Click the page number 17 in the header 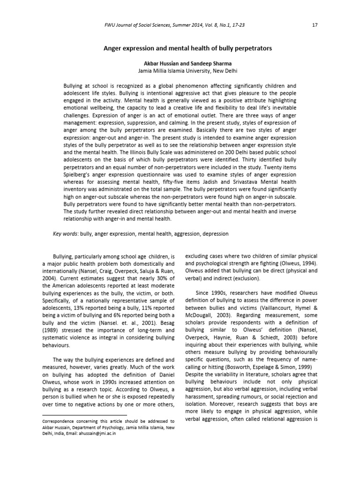pos(315,25)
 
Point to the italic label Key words pos(65,233)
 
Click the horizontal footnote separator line pos(84,415)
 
